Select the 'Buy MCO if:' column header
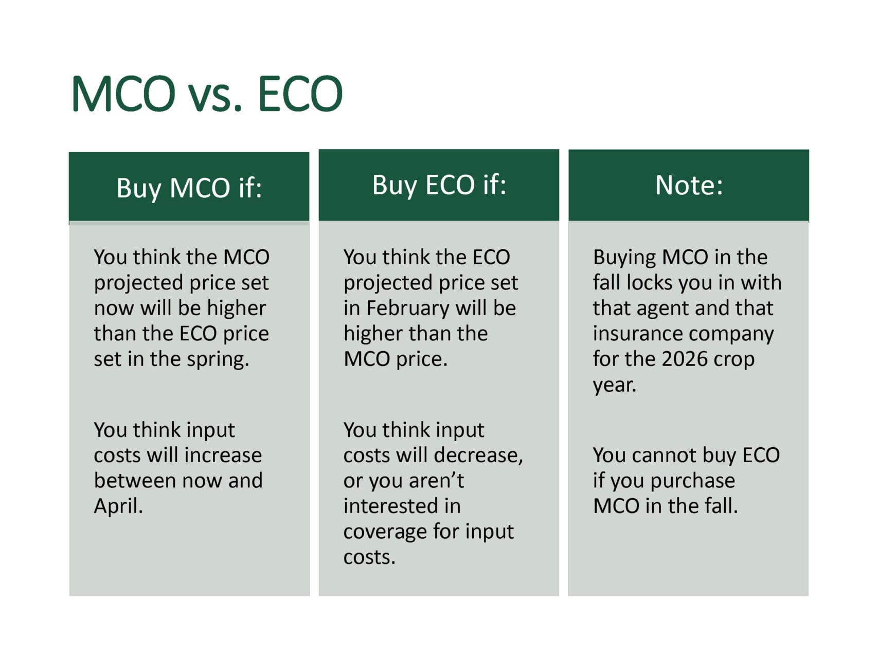[x=189, y=188]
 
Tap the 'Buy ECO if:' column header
[x=439, y=185]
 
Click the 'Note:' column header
[x=689, y=185]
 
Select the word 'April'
[x=118, y=507]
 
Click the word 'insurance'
[x=640, y=334]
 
